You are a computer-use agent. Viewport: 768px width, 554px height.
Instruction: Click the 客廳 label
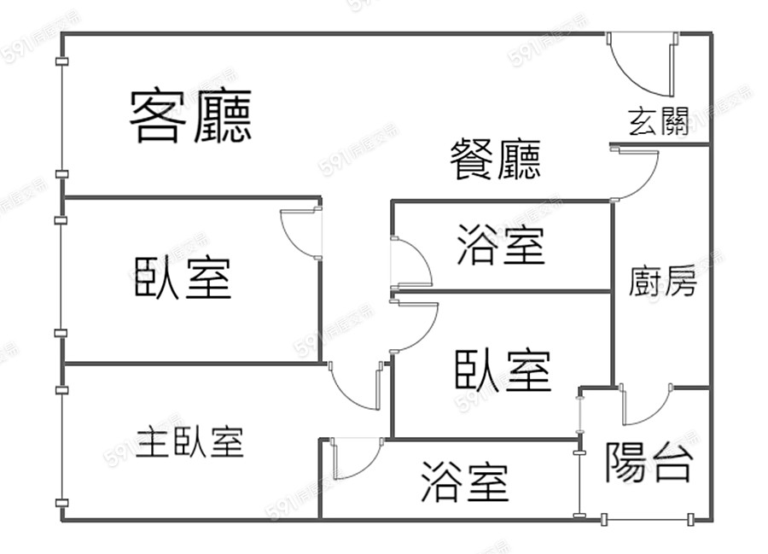[x=190, y=117]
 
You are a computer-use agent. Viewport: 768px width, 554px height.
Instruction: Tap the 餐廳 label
[x=495, y=160]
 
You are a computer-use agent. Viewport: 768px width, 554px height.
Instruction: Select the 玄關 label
[x=658, y=123]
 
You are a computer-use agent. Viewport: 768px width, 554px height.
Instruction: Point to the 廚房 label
[x=662, y=281]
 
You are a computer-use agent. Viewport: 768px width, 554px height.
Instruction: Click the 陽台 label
[x=648, y=463]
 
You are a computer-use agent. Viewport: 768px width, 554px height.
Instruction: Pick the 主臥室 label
[x=189, y=442]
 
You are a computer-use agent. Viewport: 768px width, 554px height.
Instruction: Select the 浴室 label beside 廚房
[x=500, y=245]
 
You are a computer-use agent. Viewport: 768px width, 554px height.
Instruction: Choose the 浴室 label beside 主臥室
[x=464, y=482]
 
